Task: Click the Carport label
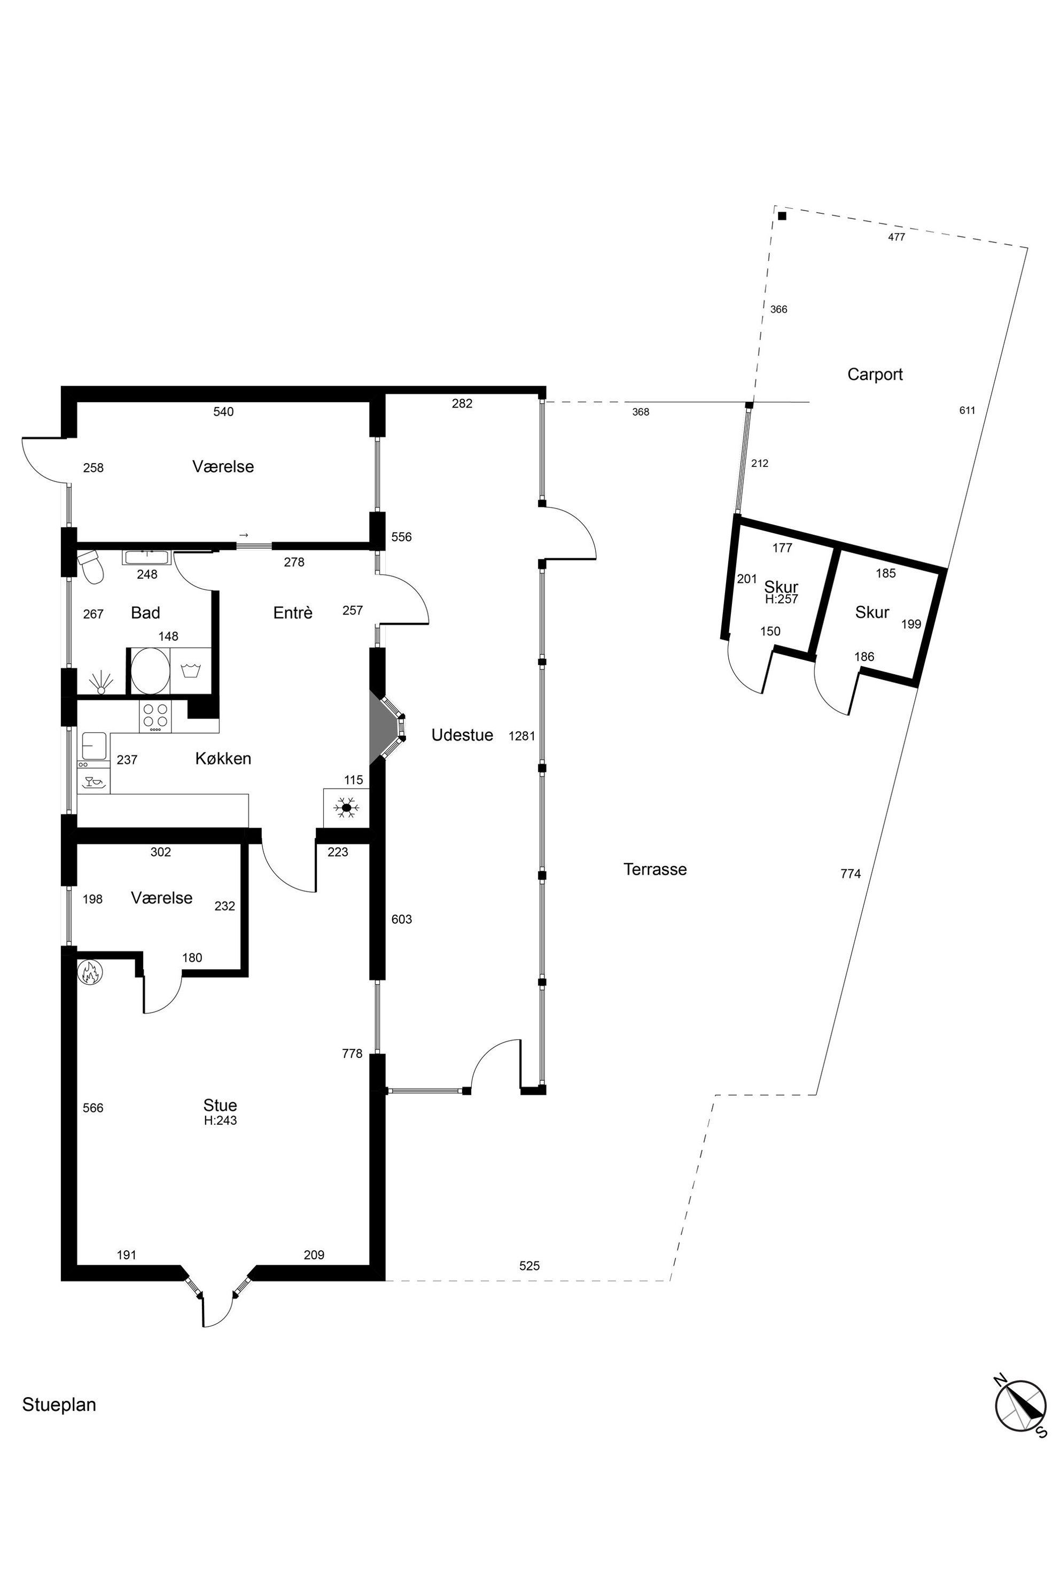pos(875,375)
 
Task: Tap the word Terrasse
pos(654,869)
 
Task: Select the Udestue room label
pos(462,735)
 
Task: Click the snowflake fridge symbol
pos(347,807)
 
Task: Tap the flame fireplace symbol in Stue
pos(90,973)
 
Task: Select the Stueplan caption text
pos(59,1405)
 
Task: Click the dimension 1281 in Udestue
pos(522,736)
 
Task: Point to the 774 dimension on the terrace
pos(851,874)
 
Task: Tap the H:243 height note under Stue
pos(220,1120)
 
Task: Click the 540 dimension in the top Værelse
pos(223,412)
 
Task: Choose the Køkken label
pos(223,759)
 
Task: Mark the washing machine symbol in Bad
pos(191,671)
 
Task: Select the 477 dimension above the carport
pos(897,237)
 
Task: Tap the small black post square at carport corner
pos(782,216)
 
